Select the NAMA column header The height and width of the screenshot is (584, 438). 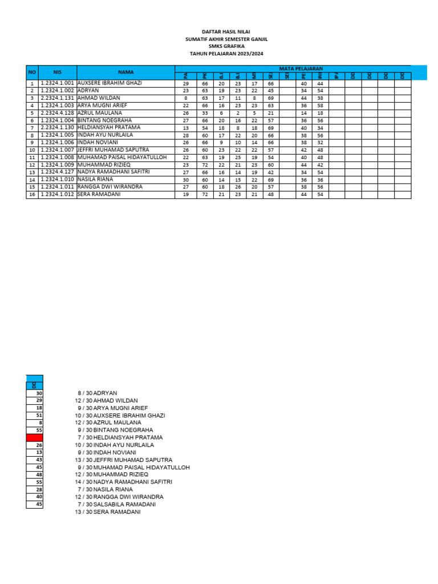pyautogui.click(x=125, y=72)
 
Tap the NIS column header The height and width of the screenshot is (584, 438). pyautogui.click(x=57, y=72)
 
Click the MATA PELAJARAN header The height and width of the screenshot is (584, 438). pyautogui.click(x=301, y=68)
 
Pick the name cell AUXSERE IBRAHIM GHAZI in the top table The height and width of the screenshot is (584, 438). pyautogui.click(x=109, y=83)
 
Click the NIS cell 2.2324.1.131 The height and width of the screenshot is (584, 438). pyautogui.click(x=57, y=98)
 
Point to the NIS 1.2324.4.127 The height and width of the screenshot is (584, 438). pyautogui.click(x=57, y=172)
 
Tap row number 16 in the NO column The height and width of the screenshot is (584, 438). pyautogui.click(x=33, y=194)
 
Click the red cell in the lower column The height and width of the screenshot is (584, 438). pyautogui.click(x=34, y=437)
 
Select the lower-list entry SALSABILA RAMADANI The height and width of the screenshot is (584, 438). pyautogui.click(x=124, y=504)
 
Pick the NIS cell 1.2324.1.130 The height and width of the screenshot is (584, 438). pyautogui.click(x=57, y=128)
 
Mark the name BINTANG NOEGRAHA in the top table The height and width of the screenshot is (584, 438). pyautogui.click(x=104, y=120)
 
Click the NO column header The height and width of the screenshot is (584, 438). pyautogui.click(x=32, y=72)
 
